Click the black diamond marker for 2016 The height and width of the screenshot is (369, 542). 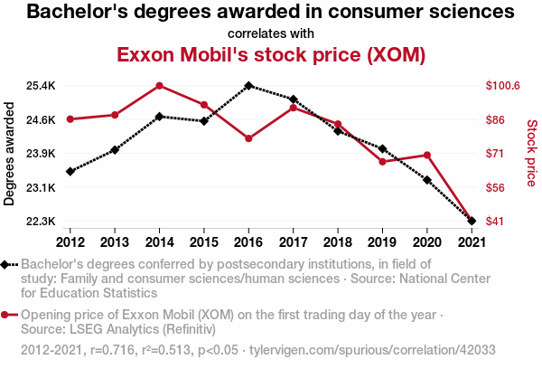click(248, 86)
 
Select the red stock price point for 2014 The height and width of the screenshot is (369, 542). click(159, 86)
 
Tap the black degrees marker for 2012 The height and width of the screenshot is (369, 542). click(70, 171)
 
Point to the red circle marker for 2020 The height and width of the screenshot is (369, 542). click(426, 156)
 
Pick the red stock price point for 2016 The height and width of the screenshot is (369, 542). click(248, 138)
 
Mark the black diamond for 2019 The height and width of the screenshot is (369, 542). click(382, 148)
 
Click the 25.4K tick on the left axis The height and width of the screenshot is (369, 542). click(41, 86)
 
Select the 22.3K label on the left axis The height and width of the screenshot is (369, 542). click(41, 222)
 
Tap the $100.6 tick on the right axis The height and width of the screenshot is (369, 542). click(503, 86)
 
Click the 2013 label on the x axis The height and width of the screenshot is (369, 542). click(115, 242)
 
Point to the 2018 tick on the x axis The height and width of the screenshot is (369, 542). click(338, 242)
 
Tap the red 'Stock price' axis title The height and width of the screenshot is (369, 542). click(531, 154)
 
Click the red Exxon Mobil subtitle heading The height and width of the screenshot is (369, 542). click(271, 54)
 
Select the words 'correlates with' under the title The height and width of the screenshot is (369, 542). click(271, 33)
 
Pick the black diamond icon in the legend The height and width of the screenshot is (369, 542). click(7, 264)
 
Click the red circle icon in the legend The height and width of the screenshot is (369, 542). click(7, 315)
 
